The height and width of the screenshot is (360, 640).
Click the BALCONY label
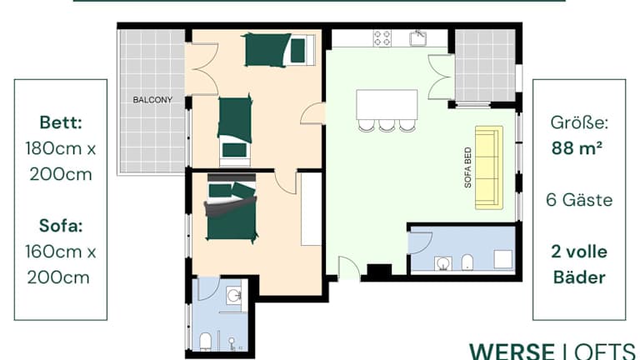tap(152, 100)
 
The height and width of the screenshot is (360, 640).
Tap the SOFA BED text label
tap(467, 167)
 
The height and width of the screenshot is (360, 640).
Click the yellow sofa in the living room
tap(489, 167)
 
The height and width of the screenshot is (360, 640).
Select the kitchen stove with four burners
tap(382, 38)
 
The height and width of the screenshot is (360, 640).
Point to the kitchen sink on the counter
tap(418, 38)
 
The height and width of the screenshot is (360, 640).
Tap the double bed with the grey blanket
tap(232, 207)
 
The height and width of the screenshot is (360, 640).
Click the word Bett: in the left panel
tap(61, 122)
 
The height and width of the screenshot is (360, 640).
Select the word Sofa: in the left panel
tap(61, 225)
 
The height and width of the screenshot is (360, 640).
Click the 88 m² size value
tap(577, 147)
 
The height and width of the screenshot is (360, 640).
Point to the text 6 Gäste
tap(579, 200)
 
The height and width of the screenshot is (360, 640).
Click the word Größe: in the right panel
tap(579, 122)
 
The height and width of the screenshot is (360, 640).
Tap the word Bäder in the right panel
tap(579, 277)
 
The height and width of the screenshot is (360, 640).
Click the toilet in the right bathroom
tap(467, 262)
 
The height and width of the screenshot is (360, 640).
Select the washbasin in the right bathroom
tap(442, 263)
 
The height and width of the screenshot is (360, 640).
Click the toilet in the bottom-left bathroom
tap(205, 342)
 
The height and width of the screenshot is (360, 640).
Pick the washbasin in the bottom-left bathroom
tap(234, 295)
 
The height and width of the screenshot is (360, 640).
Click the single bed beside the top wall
tap(279, 50)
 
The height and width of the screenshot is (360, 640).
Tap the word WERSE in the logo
tap(512, 352)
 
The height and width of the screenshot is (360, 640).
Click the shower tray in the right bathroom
tap(502, 259)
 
